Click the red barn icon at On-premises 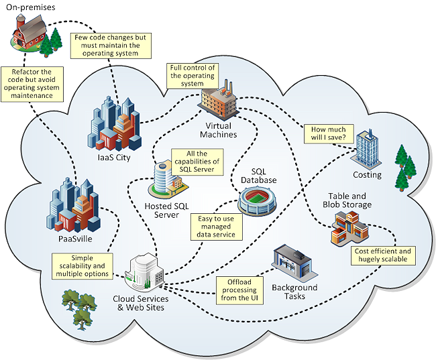(x=28, y=32)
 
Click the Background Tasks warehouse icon (x=294, y=262)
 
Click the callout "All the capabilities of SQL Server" (x=197, y=162)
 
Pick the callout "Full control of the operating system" (x=193, y=75)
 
